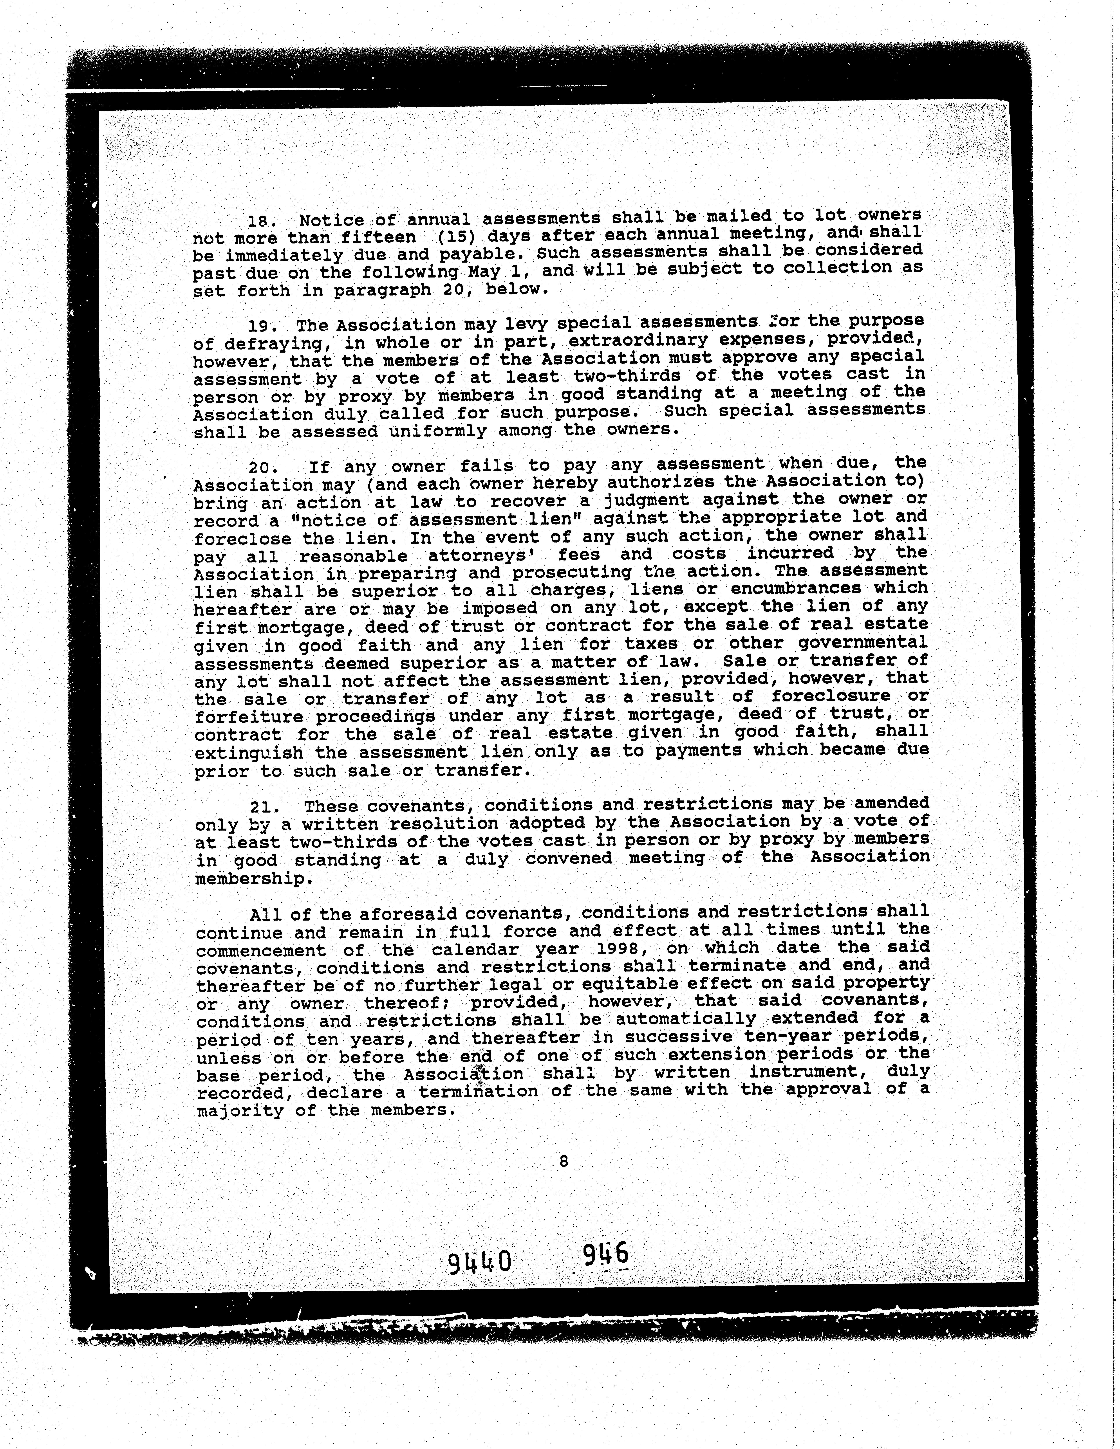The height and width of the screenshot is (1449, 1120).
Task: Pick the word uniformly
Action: pyautogui.click(x=437, y=431)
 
